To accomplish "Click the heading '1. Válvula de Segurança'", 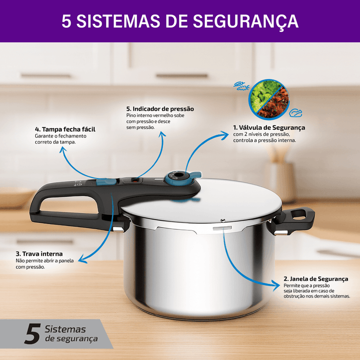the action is point(269,128).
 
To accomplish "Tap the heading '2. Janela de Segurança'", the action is point(316,279).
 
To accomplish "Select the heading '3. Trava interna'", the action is point(39,254).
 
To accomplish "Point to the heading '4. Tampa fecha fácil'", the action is point(65,129).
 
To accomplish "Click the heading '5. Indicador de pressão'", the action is point(160,109).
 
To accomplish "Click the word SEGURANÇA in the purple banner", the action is point(245,21).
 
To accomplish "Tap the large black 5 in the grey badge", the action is point(32,333).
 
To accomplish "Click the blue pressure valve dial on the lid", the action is point(180,177).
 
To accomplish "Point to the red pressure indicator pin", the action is point(135,181).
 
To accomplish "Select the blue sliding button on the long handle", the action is point(106,182).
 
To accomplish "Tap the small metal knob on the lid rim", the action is point(222,220).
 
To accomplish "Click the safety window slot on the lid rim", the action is point(222,228).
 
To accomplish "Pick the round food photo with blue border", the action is point(269,99).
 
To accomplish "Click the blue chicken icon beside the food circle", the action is point(295,113).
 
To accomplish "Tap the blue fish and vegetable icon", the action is point(241,86).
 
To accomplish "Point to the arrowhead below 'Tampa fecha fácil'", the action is point(63,149).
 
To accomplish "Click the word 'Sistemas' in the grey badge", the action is point(65,329).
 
